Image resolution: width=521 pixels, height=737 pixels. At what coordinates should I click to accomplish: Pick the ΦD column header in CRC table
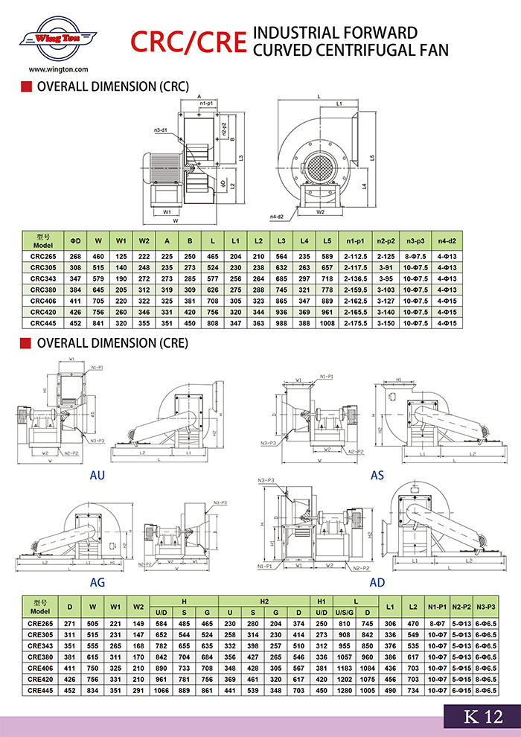coord(75,241)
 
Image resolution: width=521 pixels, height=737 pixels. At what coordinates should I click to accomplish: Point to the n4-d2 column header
coord(447,241)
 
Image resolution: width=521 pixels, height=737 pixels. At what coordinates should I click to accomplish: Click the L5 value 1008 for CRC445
coord(327,323)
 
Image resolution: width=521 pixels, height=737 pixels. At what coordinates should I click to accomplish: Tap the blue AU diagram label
coord(98,475)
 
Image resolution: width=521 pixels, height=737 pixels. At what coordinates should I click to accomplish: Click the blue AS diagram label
coord(377,475)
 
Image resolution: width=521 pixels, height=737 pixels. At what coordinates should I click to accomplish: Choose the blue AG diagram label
coord(98,581)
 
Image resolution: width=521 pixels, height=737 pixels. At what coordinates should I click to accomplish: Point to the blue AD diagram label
coord(377,581)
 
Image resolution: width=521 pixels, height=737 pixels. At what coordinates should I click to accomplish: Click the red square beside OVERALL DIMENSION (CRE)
coord(25,344)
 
